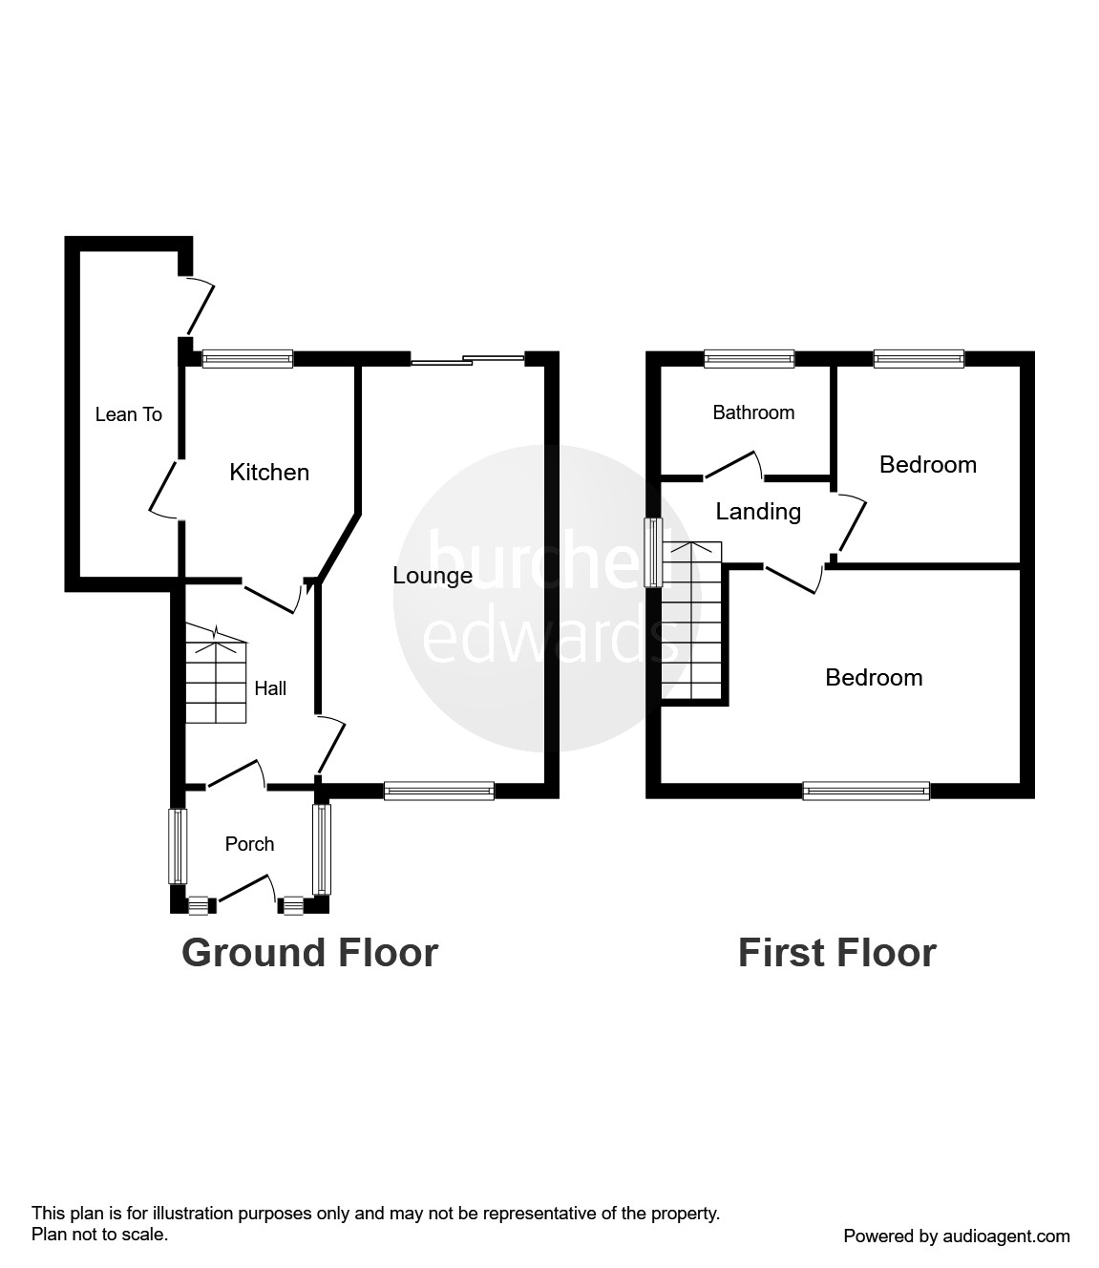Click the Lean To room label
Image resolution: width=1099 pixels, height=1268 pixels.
click(128, 414)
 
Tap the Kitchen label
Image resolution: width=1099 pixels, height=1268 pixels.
click(269, 473)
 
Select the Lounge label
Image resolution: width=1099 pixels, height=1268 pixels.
click(433, 576)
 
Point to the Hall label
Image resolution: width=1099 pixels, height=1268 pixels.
click(270, 688)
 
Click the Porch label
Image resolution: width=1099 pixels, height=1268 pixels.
click(249, 844)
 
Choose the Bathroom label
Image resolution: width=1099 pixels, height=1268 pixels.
click(753, 412)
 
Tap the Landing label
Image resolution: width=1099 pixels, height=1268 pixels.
click(758, 512)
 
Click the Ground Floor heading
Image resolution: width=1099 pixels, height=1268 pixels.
click(310, 953)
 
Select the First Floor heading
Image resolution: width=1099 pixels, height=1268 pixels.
click(837, 953)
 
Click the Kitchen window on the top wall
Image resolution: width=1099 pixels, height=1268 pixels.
click(248, 358)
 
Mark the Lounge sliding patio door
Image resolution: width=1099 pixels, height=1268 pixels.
click(468, 359)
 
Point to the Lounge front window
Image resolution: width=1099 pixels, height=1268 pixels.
click(439, 791)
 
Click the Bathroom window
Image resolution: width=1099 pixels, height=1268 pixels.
click(750, 358)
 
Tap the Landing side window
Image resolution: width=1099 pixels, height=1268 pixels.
click(653, 553)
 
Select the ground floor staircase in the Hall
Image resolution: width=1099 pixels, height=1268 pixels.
click(216, 674)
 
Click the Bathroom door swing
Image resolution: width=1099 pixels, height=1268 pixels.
click(733, 466)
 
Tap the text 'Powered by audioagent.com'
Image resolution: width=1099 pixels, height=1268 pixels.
click(957, 1236)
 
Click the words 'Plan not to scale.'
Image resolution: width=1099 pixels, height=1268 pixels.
click(99, 1235)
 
